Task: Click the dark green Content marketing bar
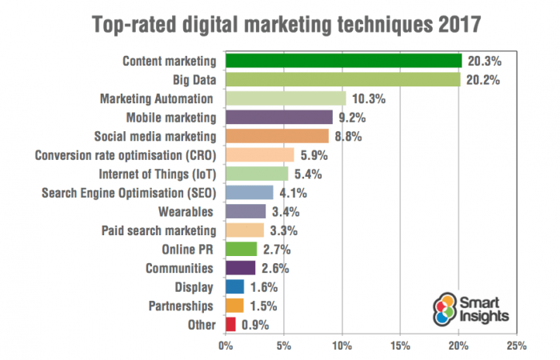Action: pyautogui.click(x=344, y=61)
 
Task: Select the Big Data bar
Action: pyautogui.click(x=343, y=80)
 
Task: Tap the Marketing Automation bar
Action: pyautogui.click(x=286, y=98)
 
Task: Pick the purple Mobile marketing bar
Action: pyautogui.click(x=279, y=118)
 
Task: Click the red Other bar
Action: pyautogui.click(x=230, y=324)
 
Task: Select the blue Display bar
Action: pyautogui.click(x=235, y=286)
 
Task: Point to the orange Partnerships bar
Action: pyautogui.click(x=234, y=305)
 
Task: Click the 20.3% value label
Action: pyautogui.click(x=484, y=61)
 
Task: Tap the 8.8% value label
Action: pyautogui.click(x=349, y=136)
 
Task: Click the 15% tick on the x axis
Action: pyautogui.click(x=400, y=346)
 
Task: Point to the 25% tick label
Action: pyautogui.click(x=516, y=346)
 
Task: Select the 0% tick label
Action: pyautogui.click(x=226, y=346)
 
